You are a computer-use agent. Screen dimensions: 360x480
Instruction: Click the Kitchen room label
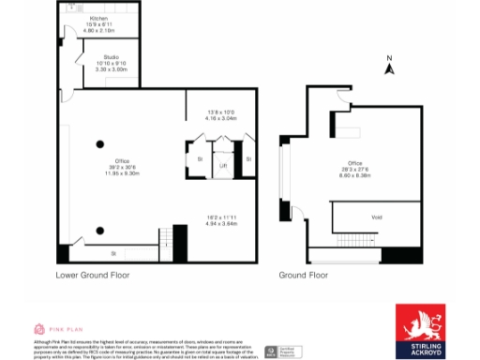97,18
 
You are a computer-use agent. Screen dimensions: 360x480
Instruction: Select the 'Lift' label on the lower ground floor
223,166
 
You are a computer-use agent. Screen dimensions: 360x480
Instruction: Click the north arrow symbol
389,68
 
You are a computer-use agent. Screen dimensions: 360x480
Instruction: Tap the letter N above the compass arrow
389,58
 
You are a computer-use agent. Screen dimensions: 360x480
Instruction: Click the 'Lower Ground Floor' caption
92,276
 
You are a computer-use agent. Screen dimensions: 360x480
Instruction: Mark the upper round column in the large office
99,143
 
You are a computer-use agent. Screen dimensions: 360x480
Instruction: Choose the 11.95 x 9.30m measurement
122,173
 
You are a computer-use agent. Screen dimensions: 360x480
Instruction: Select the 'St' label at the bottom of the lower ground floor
113,253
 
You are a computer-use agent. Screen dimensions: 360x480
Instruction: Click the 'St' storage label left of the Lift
200,159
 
